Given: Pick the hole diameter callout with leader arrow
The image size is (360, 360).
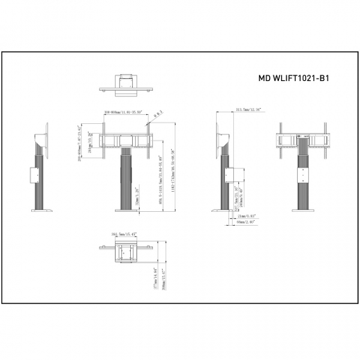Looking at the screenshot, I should [x=158, y=112].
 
